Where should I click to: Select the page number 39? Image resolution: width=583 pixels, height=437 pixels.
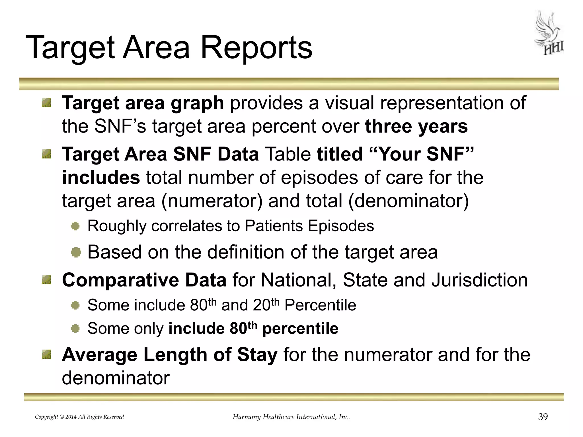tap(543, 417)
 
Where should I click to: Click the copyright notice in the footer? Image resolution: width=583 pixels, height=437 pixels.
tap(79, 417)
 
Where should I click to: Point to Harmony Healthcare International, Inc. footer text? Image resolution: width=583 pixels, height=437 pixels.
tap(291, 417)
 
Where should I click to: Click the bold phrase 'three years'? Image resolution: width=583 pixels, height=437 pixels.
tap(416, 126)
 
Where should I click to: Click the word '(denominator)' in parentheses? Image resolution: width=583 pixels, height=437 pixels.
tap(408, 201)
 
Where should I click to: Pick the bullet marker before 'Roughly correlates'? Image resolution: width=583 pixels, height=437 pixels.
tap(75, 226)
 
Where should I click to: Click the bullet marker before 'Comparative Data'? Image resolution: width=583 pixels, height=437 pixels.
tap(46, 280)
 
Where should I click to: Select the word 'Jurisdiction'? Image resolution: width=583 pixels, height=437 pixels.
tap(479, 280)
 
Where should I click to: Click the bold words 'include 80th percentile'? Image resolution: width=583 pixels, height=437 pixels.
tap(253, 328)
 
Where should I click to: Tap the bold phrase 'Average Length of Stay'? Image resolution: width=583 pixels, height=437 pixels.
tap(170, 355)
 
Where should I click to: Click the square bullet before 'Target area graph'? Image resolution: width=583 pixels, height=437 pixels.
tap(46, 103)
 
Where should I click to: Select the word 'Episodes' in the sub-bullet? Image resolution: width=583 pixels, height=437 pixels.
tap(341, 226)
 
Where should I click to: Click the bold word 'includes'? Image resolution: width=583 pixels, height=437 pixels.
tap(101, 178)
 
